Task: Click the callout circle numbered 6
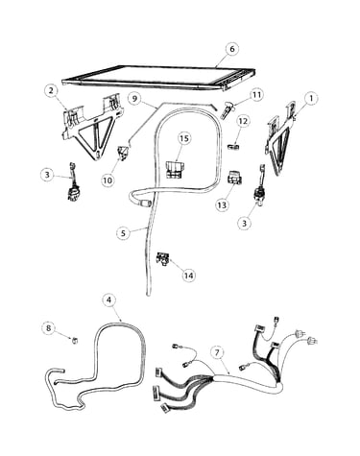point(231,49)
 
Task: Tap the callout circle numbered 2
point(51,90)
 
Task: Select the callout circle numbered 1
point(310,98)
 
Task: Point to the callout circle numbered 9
point(134,99)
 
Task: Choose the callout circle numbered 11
point(256,95)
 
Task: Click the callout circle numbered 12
point(243,121)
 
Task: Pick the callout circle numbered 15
point(184,138)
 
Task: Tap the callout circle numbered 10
point(108,180)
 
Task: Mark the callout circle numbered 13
point(222,205)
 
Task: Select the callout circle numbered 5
point(124,233)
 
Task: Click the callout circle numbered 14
point(189,276)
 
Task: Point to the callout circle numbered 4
point(109,300)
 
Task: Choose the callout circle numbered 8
point(49,328)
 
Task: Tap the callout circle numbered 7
point(217,352)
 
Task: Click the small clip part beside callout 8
point(75,340)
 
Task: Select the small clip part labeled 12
point(233,147)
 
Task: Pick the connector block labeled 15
point(175,170)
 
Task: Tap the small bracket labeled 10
point(123,152)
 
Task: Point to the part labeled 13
point(234,179)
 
